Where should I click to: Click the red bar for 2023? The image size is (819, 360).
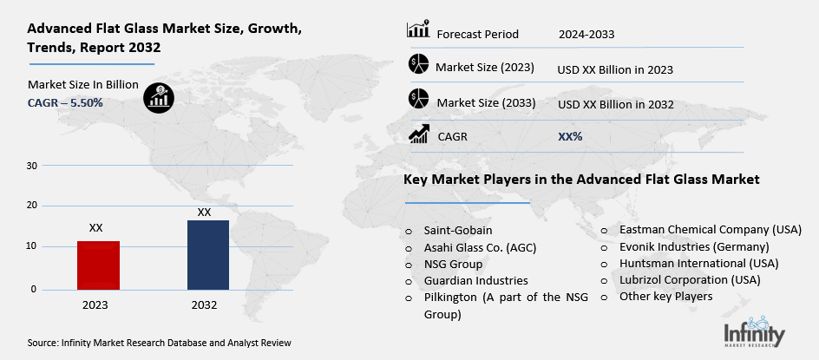click(99, 265)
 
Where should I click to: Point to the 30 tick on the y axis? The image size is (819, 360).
click(32, 165)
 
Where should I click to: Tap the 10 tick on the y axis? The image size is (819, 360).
click(32, 246)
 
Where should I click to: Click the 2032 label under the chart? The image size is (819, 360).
click(206, 304)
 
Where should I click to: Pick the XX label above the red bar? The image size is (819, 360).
click(96, 227)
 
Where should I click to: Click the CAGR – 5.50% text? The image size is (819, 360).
click(65, 102)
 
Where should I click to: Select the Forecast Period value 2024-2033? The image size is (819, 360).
click(586, 35)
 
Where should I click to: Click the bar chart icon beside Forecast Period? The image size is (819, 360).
click(418, 29)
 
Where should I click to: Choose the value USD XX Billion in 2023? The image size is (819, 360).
click(616, 69)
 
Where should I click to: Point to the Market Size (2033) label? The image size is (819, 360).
click(486, 103)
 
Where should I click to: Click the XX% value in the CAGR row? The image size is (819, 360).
click(570, 137)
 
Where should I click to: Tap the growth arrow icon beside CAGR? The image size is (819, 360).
click(419, 134)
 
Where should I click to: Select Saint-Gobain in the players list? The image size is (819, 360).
click(458, 231)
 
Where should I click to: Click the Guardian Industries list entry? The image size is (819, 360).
click(475, 281)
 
